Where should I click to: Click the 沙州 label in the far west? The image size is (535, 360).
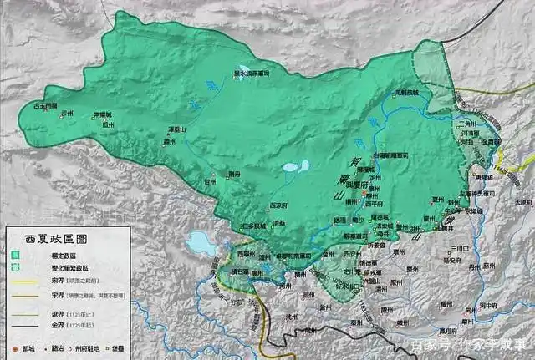pyautogui.click(x=69, y=114)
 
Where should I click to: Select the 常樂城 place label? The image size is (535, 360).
pyautogui.click(x=102, y=114)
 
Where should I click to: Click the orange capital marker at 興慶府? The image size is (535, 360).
pyautogui.click(x=364, y=194)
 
